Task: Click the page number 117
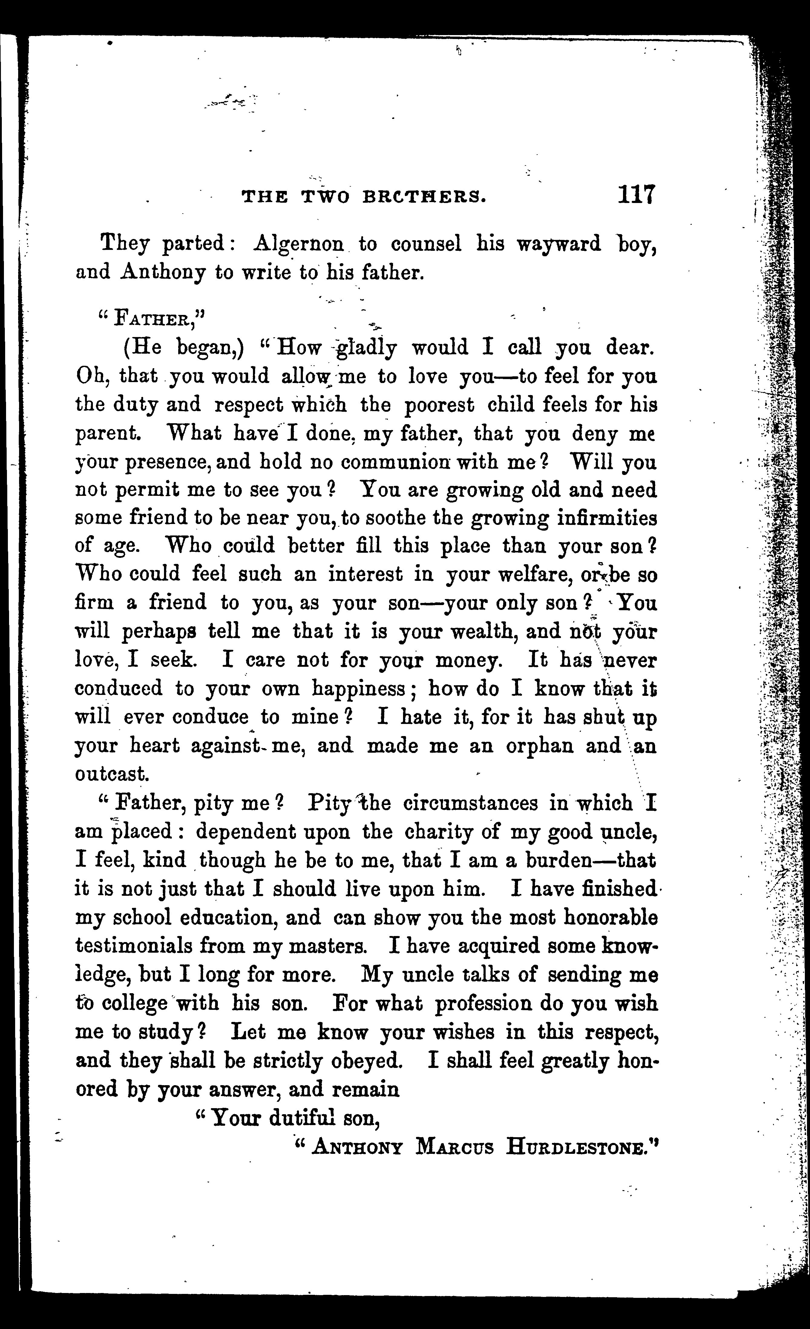pyautogui.click(x=636, y=195)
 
